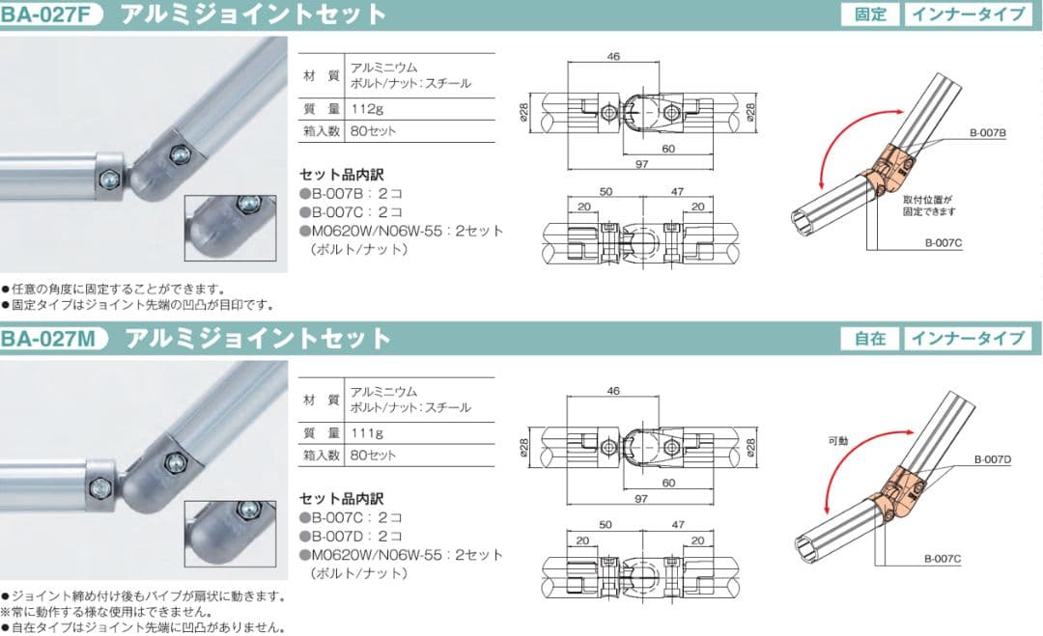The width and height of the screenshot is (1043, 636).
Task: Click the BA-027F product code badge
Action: click(50, 14)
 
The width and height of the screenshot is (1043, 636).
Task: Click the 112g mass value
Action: click(368, 108)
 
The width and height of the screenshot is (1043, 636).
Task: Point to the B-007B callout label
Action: click(988, 133)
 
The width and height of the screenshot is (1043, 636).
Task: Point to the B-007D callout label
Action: click(992, 459)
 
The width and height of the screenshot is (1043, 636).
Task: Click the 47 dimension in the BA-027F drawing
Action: click(677, 192)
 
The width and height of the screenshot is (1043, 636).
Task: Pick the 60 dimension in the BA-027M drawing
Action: click(668, 482)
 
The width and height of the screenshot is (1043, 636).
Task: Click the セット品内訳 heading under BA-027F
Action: click(341, 175)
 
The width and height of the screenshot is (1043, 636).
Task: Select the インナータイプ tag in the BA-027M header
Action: click(969, 338)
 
